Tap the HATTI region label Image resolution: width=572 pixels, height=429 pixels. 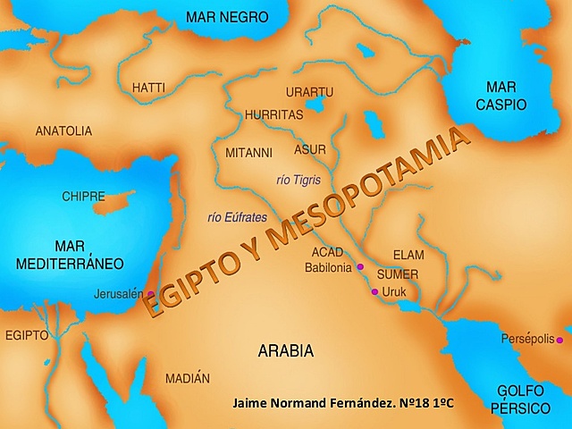click(148, 88)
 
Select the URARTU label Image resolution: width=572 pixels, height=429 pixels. click(309, 92)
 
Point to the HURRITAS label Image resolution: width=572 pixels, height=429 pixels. click(274, 115)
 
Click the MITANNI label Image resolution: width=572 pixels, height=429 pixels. click(248, 152)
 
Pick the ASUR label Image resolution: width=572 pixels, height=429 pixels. click(310, 149)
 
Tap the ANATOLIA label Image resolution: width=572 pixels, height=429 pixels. click(63, 131)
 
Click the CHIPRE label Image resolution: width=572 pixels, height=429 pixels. click(83, 196)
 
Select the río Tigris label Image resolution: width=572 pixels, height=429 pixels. click(299, 180)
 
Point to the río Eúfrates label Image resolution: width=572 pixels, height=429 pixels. click(238, 217)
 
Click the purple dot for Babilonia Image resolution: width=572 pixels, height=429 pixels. click(360, 267)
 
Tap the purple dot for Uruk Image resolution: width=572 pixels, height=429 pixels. click(374, 291)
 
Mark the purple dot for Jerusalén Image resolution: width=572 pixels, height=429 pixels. click(151, 293)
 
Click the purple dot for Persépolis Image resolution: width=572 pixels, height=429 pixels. click(559, 340)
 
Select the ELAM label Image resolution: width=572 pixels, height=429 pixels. click(408, 255)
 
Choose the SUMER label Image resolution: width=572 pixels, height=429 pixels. click(398, 274)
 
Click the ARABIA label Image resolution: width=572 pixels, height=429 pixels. click(286, 351)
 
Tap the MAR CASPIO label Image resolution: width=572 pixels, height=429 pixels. click(507, 96)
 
